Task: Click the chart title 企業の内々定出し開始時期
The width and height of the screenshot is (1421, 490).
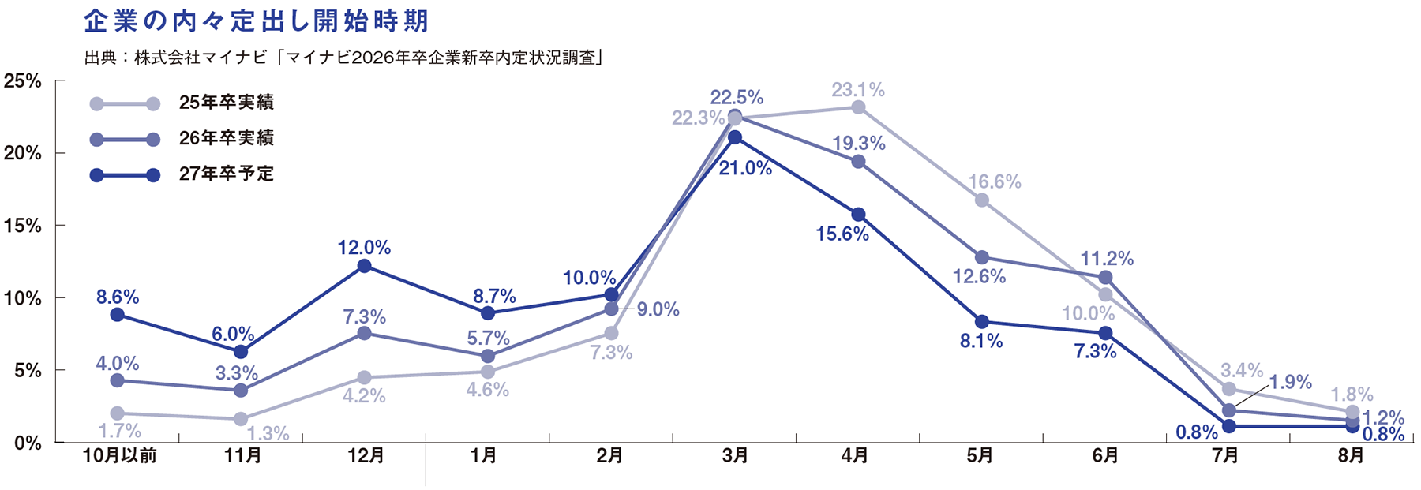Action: pos(257,21)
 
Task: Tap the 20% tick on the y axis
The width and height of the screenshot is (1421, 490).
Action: pos(23,153)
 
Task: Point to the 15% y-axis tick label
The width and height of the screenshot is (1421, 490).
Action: pos(23,226)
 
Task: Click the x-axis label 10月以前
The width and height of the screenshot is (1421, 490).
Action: pos(119,455)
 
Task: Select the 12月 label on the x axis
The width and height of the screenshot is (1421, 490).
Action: pos(366,455)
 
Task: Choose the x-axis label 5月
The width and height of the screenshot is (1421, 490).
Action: pos(980,455)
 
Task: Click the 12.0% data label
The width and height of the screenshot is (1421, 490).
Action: pos(364,248)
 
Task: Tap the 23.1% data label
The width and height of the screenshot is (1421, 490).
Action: pos(858,90)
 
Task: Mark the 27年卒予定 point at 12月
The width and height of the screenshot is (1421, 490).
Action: pos(364,266)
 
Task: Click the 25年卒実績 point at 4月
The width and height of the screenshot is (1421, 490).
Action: pos(858,107)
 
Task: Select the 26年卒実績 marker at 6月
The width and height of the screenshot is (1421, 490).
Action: pos(1105,278)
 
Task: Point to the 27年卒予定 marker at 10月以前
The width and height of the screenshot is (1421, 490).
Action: pos(118,315)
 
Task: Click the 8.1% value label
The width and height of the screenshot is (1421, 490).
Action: pos(981,342)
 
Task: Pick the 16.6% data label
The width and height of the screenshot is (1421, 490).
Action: pos(995,182)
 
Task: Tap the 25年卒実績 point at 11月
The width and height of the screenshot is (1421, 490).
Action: pos(241,419)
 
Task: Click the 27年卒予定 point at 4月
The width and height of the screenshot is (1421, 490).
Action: pos(858,215)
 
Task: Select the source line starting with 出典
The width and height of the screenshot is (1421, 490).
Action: pos(343,58)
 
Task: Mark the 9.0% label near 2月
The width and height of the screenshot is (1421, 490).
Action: pos(658,309)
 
